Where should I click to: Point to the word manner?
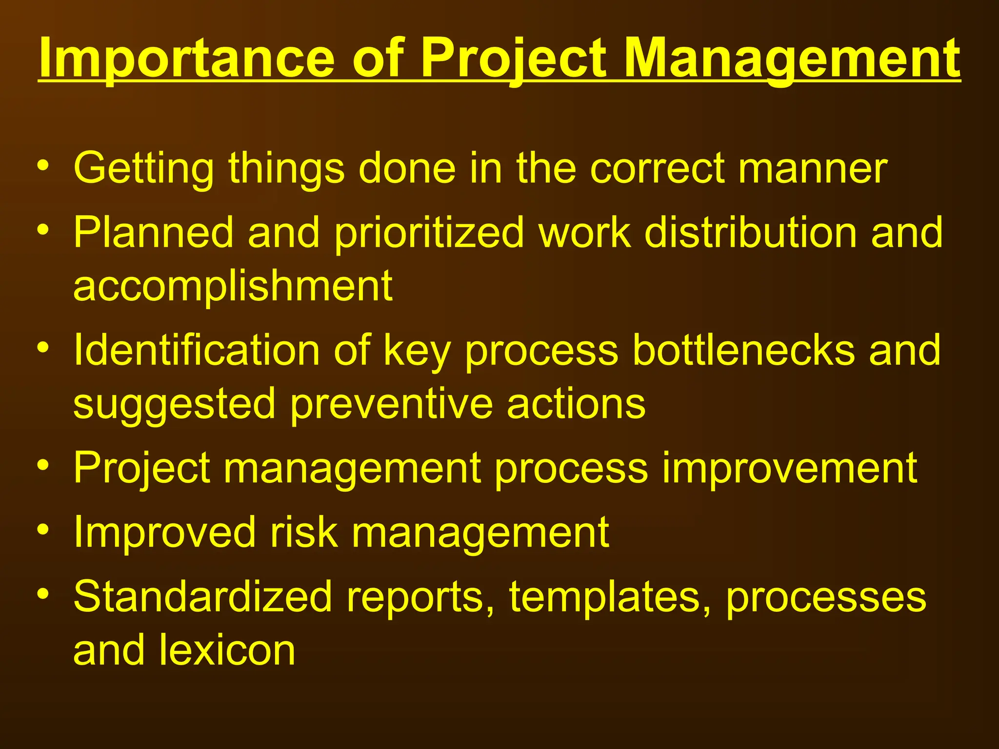coord(813,169)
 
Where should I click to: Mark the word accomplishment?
coord(233,287)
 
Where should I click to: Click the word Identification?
coord(197,350)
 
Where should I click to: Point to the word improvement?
coord(789,469)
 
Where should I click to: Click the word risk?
coord(303,532)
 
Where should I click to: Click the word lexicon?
coord(227,650)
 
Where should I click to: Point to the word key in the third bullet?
coord(417,351)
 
